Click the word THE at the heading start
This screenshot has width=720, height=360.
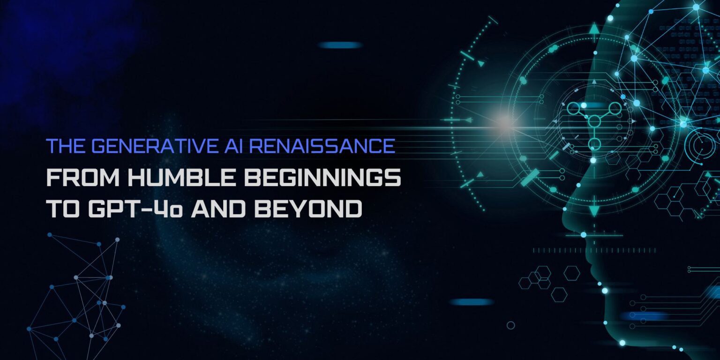pos(65,146)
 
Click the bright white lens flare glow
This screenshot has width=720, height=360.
pos(504,123)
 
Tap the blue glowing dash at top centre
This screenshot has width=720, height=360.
pos(340,45)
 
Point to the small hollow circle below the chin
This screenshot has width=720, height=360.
pos(510,325)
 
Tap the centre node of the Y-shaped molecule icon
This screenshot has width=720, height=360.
pos(594,121)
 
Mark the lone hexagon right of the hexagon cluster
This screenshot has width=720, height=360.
pos(571,273)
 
